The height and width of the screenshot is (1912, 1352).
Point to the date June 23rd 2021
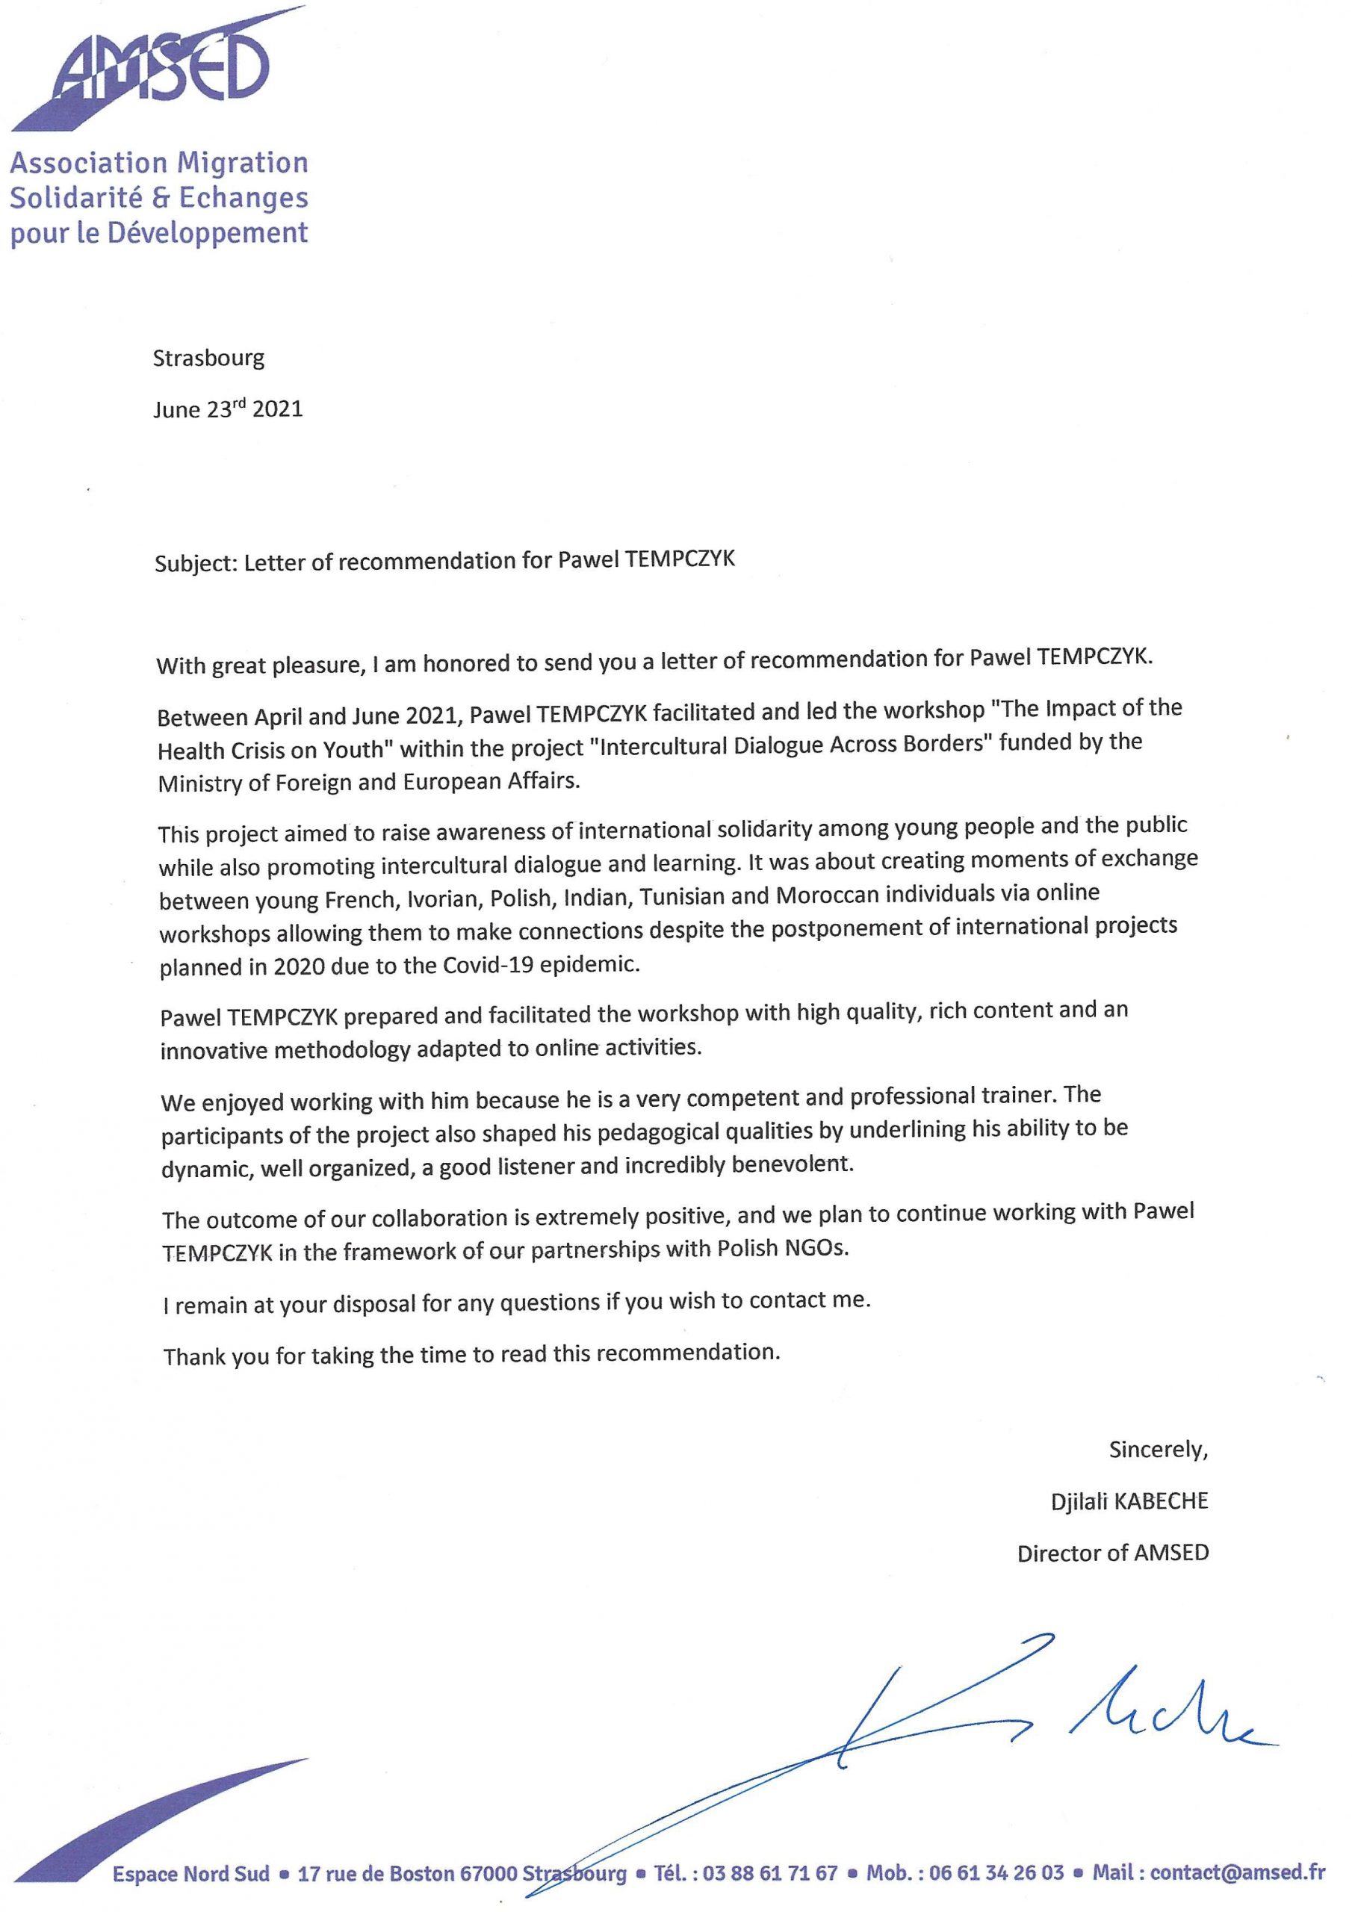[227, 409]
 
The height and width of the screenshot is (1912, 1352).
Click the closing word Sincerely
[1157, 1450]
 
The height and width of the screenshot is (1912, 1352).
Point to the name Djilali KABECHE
[1129, 1501]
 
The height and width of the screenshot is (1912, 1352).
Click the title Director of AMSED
[1112, 1553]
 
